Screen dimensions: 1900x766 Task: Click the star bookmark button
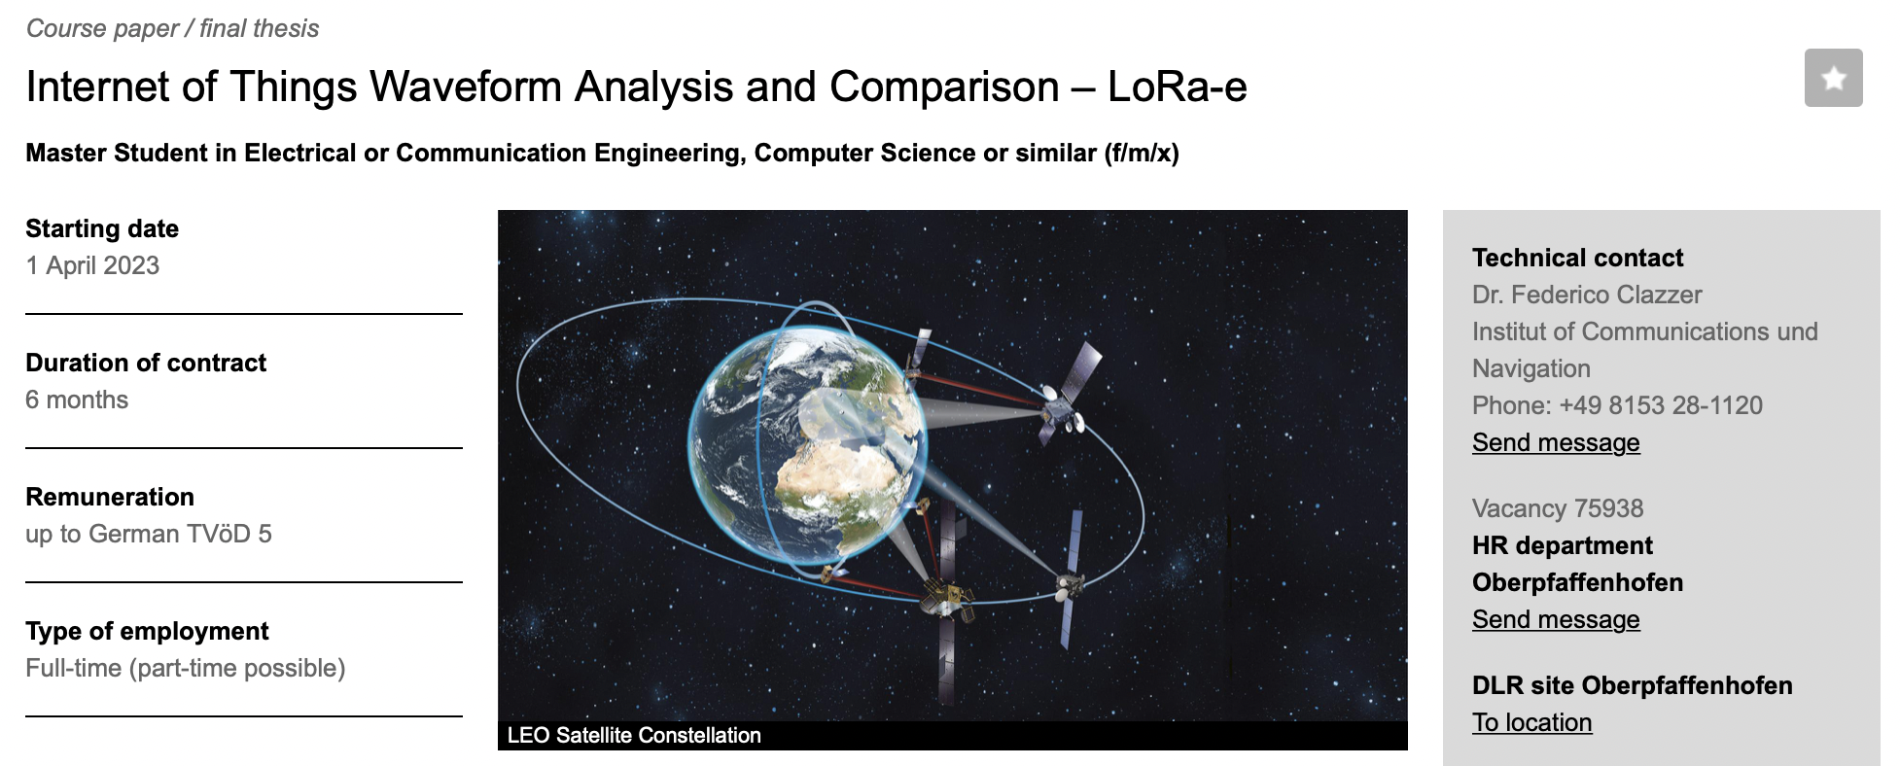[1833, 78]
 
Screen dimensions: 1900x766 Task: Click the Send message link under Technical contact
[1556, 442]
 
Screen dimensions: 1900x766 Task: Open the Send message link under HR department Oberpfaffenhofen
[1556, 619]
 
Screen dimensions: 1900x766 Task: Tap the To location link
[1532, 722]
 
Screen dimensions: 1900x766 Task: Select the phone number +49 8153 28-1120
[1661, 405]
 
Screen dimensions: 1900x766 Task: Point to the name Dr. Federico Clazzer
[1587, 295]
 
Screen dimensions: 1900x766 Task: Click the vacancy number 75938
[1608, 508]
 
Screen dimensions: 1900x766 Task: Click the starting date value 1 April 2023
[92, 265]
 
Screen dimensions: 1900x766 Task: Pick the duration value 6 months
[77, 400]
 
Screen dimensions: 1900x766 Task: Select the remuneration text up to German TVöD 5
[149, 534]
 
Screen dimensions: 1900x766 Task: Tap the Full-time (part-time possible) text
[186, 668]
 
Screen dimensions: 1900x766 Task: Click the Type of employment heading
[147, 631]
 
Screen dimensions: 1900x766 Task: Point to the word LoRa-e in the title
[1177, 87]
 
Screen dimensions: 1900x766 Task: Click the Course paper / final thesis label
[172, 28]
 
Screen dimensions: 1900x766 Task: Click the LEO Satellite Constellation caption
[634, 735]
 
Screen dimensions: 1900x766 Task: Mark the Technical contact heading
[1577, 258]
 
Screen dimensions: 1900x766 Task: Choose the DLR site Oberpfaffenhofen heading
[1632, 685]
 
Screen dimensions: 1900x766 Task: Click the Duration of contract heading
[146, 363]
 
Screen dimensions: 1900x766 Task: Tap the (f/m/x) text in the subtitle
[1142, 153]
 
